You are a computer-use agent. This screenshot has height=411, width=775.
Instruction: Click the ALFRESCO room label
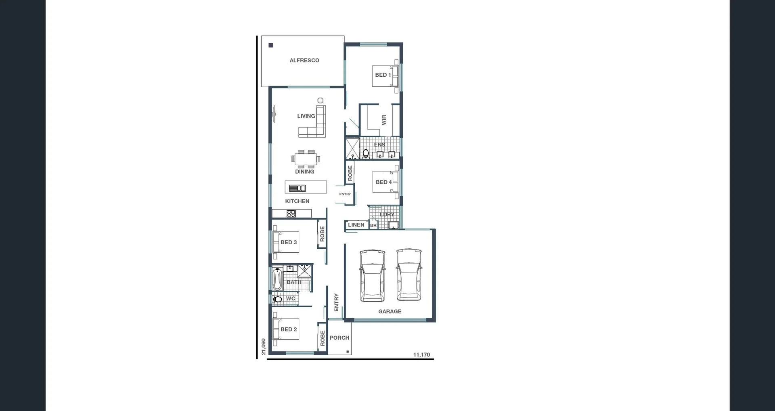(304, 61)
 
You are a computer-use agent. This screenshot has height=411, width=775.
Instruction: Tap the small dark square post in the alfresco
(271, 45)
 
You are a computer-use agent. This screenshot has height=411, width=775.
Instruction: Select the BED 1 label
(383, 75)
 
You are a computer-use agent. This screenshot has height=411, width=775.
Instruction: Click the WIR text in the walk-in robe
(384, 120)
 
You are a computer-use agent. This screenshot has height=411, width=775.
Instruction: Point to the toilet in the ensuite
(366, 153)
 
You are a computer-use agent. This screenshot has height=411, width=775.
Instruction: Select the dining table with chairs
(306, 159)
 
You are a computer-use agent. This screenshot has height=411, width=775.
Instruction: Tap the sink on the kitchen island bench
(297, 188)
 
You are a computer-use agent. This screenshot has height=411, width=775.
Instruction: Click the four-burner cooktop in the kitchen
(291, 214)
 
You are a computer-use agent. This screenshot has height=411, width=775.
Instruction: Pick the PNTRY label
(345, 194)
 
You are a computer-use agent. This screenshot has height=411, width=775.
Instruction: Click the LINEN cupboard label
(356, 225)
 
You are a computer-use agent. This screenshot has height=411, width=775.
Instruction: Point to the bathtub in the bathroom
(277, 279)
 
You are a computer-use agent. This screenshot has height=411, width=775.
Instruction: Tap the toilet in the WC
(277, 299)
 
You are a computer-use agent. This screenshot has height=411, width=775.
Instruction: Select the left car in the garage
(372, 275)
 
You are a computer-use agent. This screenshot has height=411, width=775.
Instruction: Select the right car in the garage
(408, 275)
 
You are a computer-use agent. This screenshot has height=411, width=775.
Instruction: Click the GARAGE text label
(390, 312)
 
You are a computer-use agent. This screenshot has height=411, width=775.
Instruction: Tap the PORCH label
(339, 338)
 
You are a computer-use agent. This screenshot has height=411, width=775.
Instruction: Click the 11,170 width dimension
(421, 355)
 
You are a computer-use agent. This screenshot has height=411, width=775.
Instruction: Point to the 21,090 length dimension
(264, 346)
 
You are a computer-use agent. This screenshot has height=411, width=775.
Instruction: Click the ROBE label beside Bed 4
(350, 173)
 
